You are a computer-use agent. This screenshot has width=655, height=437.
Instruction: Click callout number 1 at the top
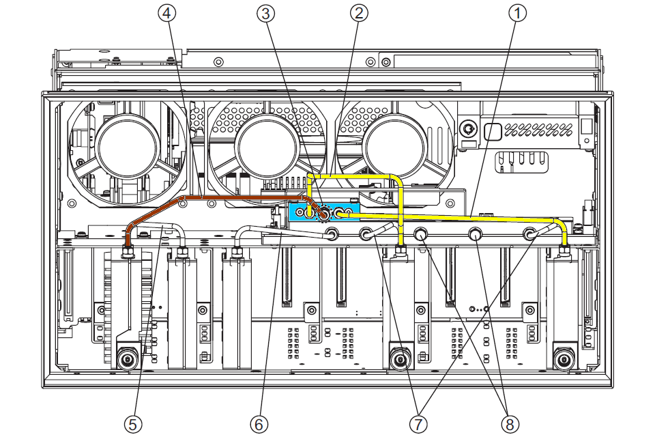(x=519, y=12)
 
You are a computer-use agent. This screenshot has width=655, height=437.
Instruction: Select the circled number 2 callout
(x=360, y=12)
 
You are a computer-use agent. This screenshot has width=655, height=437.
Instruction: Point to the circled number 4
(x=168, y=12)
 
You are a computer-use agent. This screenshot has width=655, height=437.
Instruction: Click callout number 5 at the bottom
(x=134, y=424)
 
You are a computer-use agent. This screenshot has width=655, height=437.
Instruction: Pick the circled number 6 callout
(x=259, y=424)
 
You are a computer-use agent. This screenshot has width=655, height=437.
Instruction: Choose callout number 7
(x=418, y=424)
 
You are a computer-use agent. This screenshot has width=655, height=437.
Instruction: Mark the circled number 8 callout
(x=509, y=424)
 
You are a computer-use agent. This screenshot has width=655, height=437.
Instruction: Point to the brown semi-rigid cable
(x=225, y=198)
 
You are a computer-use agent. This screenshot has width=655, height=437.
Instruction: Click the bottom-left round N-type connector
(x=126, y=358)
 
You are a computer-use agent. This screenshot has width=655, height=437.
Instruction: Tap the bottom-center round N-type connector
(x=400, y=358)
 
